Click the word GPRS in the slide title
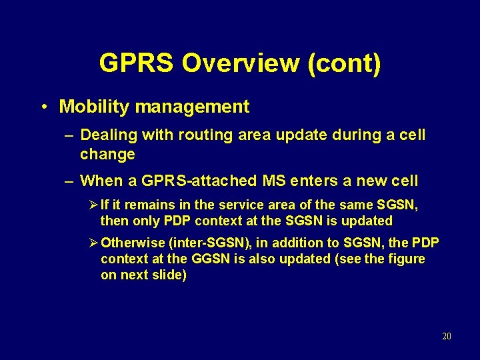click(137, 63)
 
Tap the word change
click(107, 155)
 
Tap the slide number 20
click(446, 337)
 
